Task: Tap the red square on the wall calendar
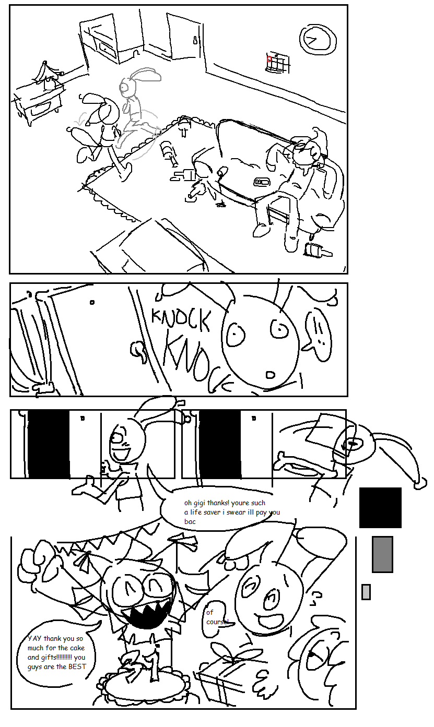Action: coord(269,59)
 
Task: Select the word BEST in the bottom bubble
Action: coord(77,666)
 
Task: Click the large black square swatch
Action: coord(380,508)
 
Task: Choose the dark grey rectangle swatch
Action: coord(382,554)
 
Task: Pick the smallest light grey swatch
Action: coord(366,592)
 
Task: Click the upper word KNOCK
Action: coord(181,320)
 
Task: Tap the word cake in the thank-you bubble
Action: coord(77,648)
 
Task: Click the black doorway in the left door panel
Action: coord(49,444)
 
